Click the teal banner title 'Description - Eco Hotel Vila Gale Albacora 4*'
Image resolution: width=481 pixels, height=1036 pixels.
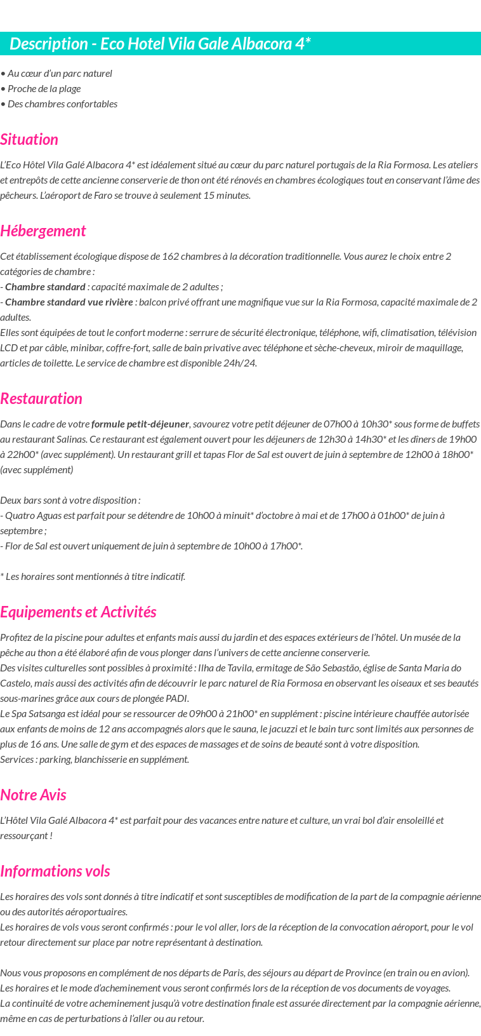[x=160, y=44]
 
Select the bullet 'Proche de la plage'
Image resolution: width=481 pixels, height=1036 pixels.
[x=44, y=89]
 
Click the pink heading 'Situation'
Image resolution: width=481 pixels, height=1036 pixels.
[x=29, y=140]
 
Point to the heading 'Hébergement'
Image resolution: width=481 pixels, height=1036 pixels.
[x=43, y=231]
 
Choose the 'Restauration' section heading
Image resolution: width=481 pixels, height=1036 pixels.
[x=41, y=399]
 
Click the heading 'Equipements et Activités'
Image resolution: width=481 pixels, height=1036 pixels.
[x=78, y=612]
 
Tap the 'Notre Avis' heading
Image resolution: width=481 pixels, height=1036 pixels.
[x=33, y=795]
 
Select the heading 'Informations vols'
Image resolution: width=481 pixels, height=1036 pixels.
[x=55, y=871]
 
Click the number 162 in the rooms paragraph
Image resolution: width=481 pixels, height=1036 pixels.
[x=171, y=257]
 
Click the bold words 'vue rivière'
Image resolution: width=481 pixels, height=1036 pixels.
[x=110, y=302]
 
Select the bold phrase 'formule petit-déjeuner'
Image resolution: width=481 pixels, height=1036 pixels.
[x=140, y=424]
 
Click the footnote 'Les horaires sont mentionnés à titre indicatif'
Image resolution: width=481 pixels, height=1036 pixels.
[x=95, y=577]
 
